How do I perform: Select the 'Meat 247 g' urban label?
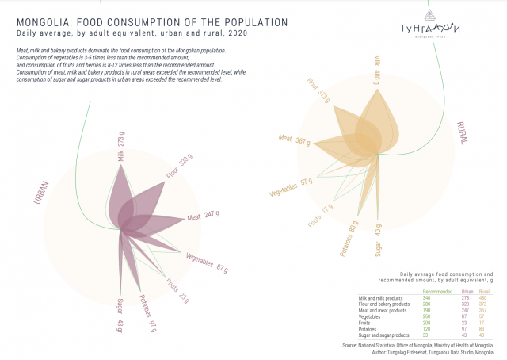click(x=203, y=215)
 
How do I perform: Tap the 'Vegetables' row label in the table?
click(x=363, y=316)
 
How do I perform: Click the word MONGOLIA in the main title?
click(x=45, y=23)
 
